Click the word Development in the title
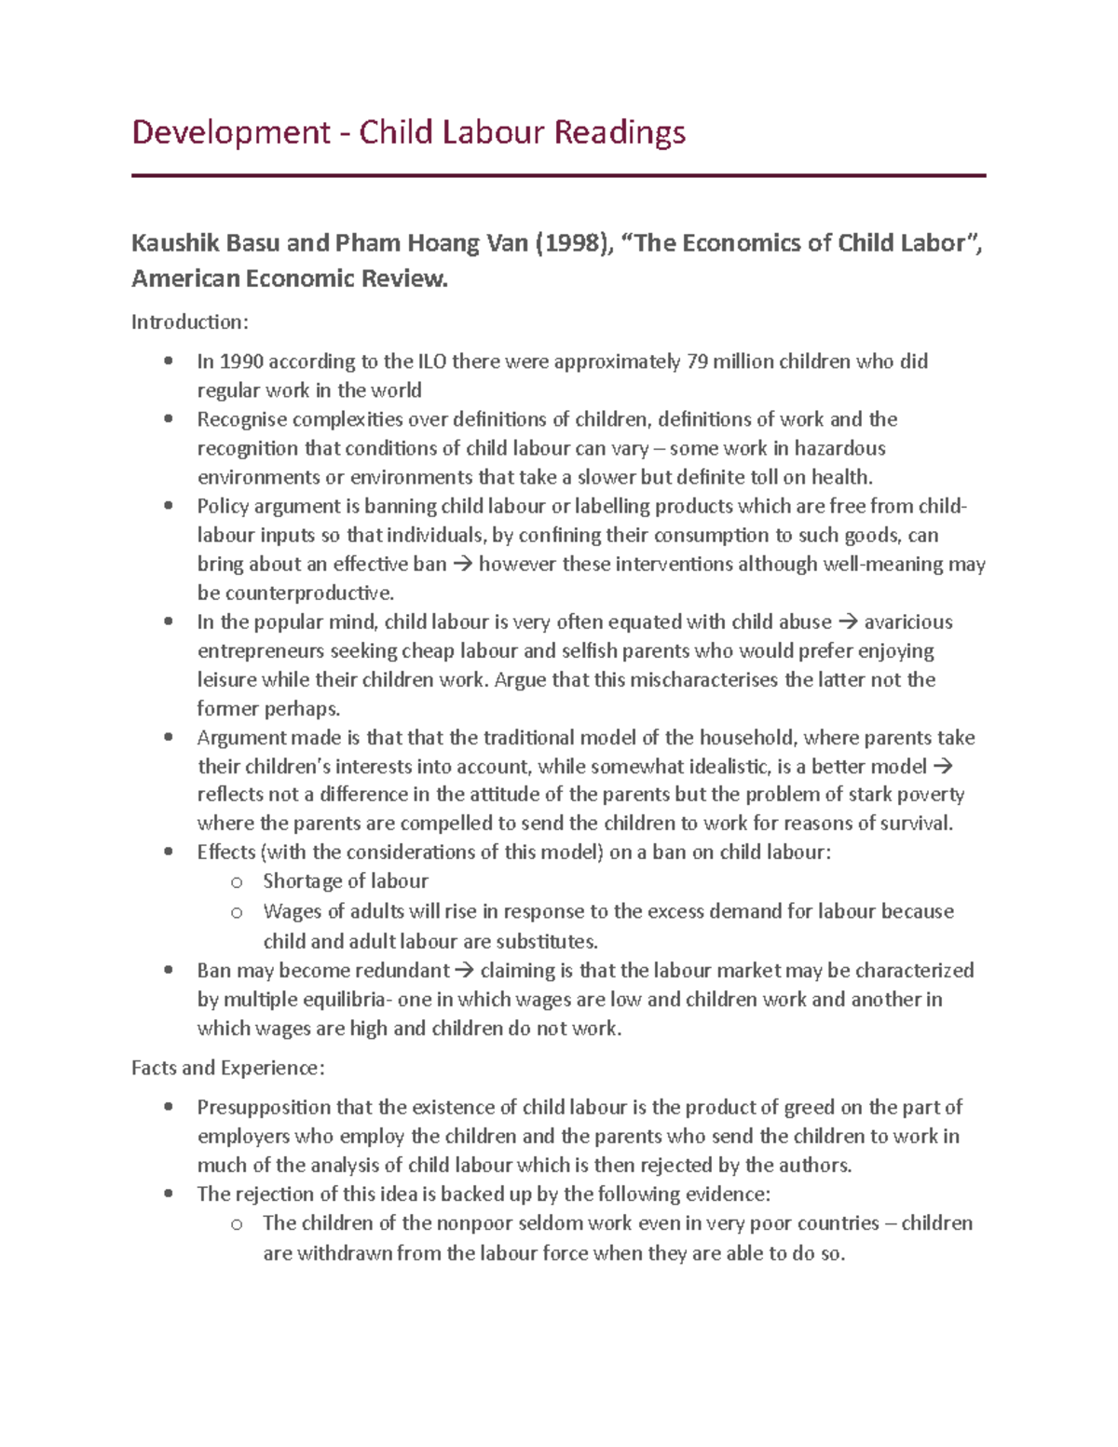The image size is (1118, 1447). [x=230, y=132]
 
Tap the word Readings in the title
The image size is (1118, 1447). [x=620, y=132]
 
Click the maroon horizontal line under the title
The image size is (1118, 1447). [x=558, y=175]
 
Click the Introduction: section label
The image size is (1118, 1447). [x=190, y=322]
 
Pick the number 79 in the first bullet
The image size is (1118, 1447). [x=697, y=362]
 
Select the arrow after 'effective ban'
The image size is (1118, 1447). [x=462, y=565]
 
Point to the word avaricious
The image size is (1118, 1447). [x=908, y=622]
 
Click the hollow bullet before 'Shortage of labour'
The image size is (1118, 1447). [x=237, y=882]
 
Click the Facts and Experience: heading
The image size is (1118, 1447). [x=228, y=1068]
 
